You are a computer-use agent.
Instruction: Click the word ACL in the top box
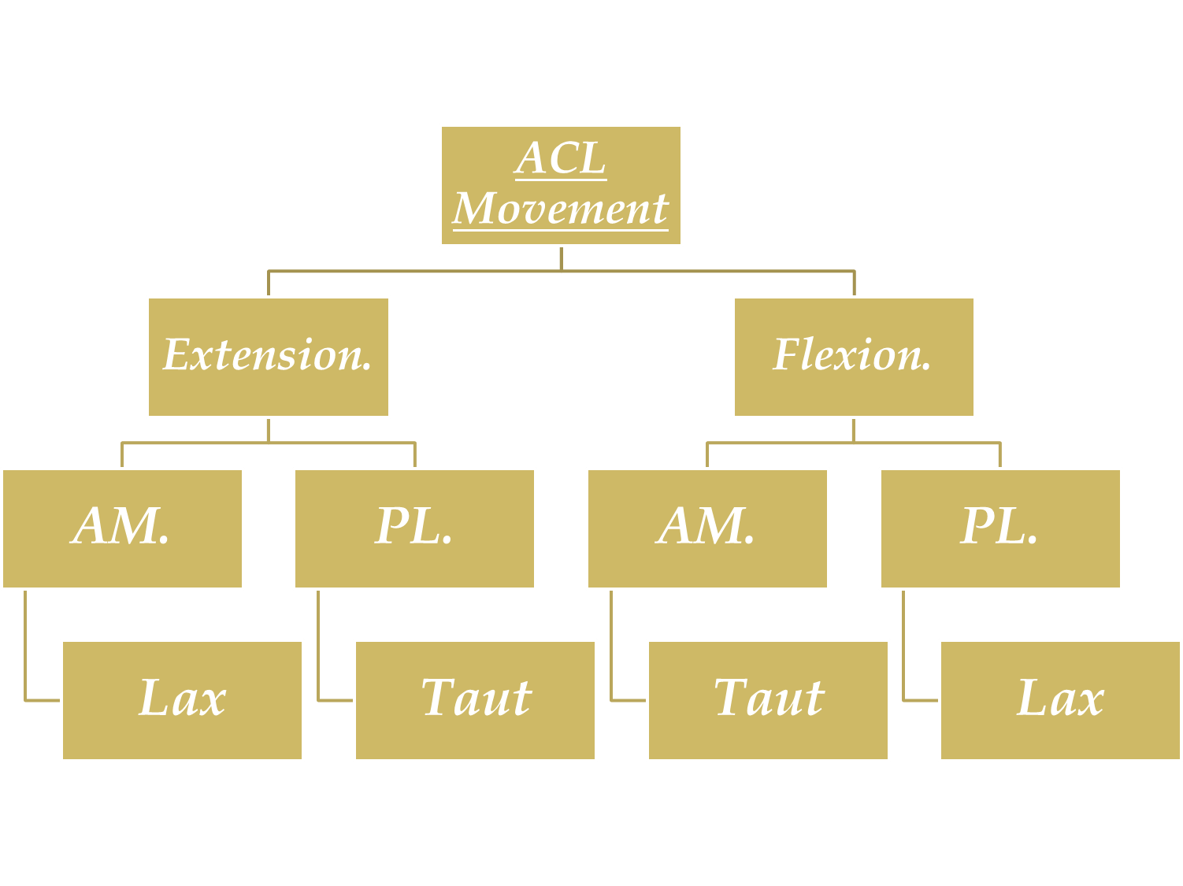[561, 158]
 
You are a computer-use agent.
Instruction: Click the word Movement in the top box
[561, 209]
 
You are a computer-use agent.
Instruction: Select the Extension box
[269, 357]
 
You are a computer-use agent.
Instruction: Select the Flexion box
[854, 357]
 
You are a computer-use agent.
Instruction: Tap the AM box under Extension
[122, 528]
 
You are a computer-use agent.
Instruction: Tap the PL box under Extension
[414, 528]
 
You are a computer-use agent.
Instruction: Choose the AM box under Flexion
[707, 528]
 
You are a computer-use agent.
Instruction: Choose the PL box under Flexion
[1000, 528]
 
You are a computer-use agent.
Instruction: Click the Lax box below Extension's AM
[182, 700]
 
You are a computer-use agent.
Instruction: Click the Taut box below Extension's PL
[475, 700]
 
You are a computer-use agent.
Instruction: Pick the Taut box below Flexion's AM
[768, 700]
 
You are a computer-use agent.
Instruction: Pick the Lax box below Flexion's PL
[1060, 700]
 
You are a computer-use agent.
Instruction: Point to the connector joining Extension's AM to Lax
[25, 646]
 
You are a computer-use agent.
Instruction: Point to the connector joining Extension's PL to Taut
[318, 646]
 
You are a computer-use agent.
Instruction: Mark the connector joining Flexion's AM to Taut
[611, 646]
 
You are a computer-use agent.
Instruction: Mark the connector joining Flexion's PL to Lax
[903, 646]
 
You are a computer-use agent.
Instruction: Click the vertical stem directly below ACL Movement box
[561, 259]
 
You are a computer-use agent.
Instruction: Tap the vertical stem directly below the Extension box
[269, 430]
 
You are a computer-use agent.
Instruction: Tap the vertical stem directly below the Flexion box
[854, 430]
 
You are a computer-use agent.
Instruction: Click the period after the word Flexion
[927, 369]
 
